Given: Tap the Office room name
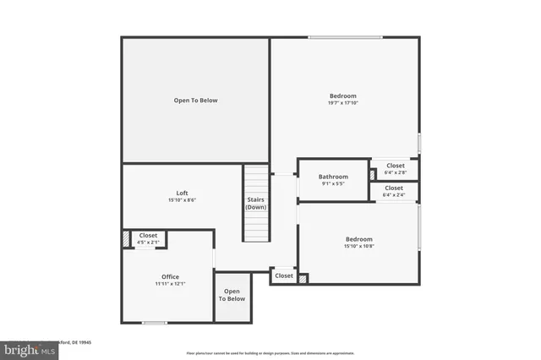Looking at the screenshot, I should coord(170,276).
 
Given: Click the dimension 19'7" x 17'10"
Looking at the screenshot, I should coord(342,104).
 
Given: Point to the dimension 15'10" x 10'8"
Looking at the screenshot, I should coord(359,246).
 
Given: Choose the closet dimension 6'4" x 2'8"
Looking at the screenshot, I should coord(394,172).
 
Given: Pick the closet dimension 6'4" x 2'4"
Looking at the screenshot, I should coord(394,195).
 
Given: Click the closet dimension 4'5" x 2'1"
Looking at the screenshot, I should coord(148,243).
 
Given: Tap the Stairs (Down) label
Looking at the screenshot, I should coord(256,203).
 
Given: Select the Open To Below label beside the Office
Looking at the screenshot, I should coord(232,295).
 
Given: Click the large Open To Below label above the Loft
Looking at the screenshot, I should coord(195,101).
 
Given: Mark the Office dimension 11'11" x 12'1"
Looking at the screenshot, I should coord(170,284).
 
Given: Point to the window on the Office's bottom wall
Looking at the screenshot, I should coord(154,322).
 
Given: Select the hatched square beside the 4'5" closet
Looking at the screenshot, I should coord(127,239).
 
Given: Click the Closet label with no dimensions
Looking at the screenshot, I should coord(284,275).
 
